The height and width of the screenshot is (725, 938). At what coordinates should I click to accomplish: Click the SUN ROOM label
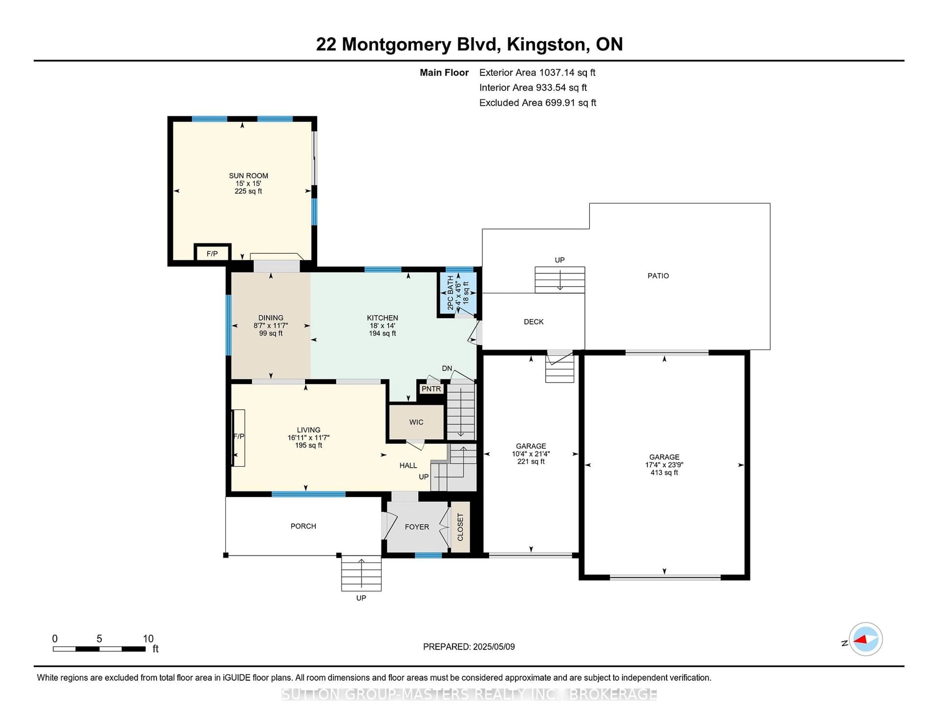click(x=248, y=176)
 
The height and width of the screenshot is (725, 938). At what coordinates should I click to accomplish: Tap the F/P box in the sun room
click(x=212, y=253)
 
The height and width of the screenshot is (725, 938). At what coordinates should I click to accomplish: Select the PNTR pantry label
click(x=431, y=389)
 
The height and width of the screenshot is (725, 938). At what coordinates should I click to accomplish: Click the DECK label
click(x=533, y=322)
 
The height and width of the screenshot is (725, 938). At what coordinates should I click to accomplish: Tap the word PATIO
click(x=658, y=276)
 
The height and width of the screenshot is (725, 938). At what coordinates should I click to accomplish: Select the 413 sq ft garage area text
click(x=664, y=472)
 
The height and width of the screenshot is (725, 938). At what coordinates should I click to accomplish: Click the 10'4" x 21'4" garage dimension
click(x=531, y=454)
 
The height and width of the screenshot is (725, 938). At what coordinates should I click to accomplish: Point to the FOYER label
click(x=416, y=527)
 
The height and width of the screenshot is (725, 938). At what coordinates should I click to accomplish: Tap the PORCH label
click(x=303, y=526)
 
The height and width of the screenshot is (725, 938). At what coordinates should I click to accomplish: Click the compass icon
click(x=865, y=639)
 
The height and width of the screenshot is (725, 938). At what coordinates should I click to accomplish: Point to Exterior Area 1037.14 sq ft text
click(x=537, y=73)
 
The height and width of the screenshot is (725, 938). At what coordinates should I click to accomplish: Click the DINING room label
click(x=271, y=318)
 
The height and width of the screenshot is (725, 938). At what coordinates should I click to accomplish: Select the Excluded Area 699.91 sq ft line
click(x=537, y=103)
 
